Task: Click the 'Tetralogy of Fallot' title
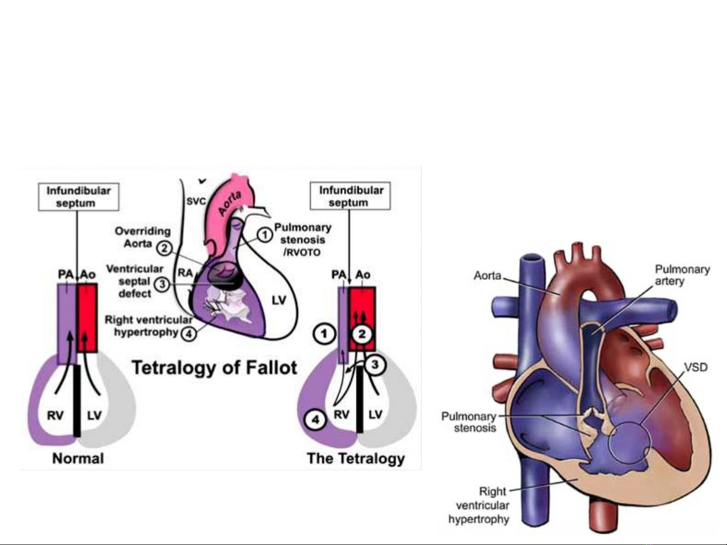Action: coord(215,368)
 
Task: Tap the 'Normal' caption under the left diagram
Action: coord(78,459)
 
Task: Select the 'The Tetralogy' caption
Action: coord(356,459)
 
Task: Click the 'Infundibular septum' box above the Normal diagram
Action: coord(79,197)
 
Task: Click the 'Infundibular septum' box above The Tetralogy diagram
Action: coord(350,196)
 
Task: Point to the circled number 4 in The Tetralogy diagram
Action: coord(315,419)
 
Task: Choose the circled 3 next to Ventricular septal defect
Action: coord(162,284)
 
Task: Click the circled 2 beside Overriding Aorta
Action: coord(163,247)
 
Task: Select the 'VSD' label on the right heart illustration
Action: coord(696,367)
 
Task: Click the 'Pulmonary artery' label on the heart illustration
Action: coord(682,275)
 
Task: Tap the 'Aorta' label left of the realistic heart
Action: coord(487,276)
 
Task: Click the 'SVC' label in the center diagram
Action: coord(196,201)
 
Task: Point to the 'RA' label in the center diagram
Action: coord(185,273)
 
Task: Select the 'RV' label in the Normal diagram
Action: coord(55,415)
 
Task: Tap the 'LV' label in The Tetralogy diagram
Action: coord(375,415)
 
